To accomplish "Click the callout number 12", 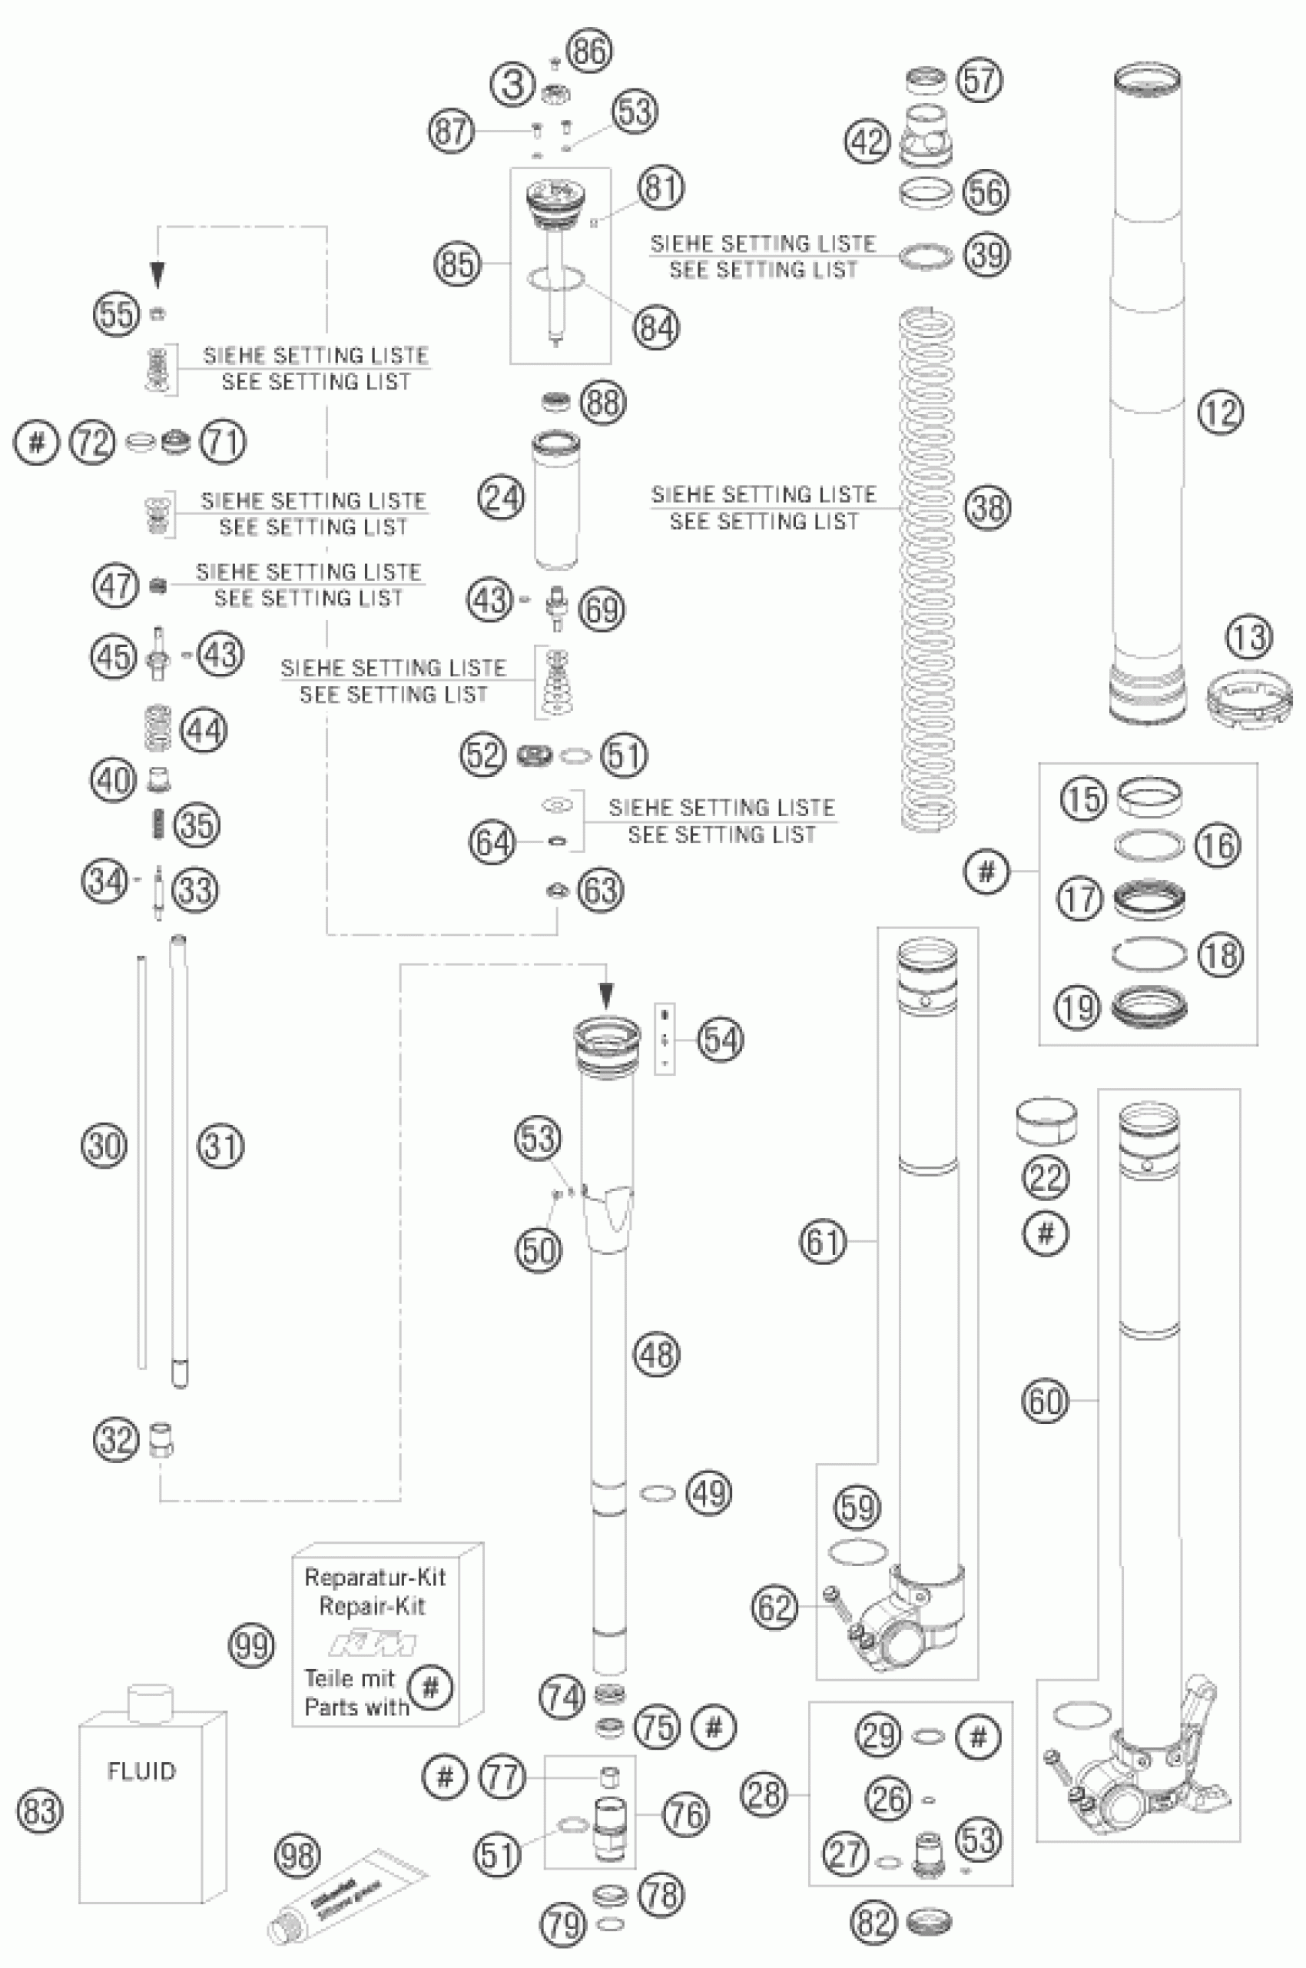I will point(1220,413).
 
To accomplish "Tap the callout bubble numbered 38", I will point(988,507).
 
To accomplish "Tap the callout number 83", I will point(39,1811).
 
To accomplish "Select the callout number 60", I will point(1046,1402).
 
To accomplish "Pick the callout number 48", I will point(656,1354).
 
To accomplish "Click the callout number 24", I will point(502,499).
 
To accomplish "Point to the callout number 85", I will point(457,265).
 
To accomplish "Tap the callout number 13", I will point(1249,637).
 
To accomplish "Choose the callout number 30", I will point(104,1146).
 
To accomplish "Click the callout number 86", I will point(590,51).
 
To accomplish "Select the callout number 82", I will point(873,1923).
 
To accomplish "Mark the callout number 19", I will point(1078,1008).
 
